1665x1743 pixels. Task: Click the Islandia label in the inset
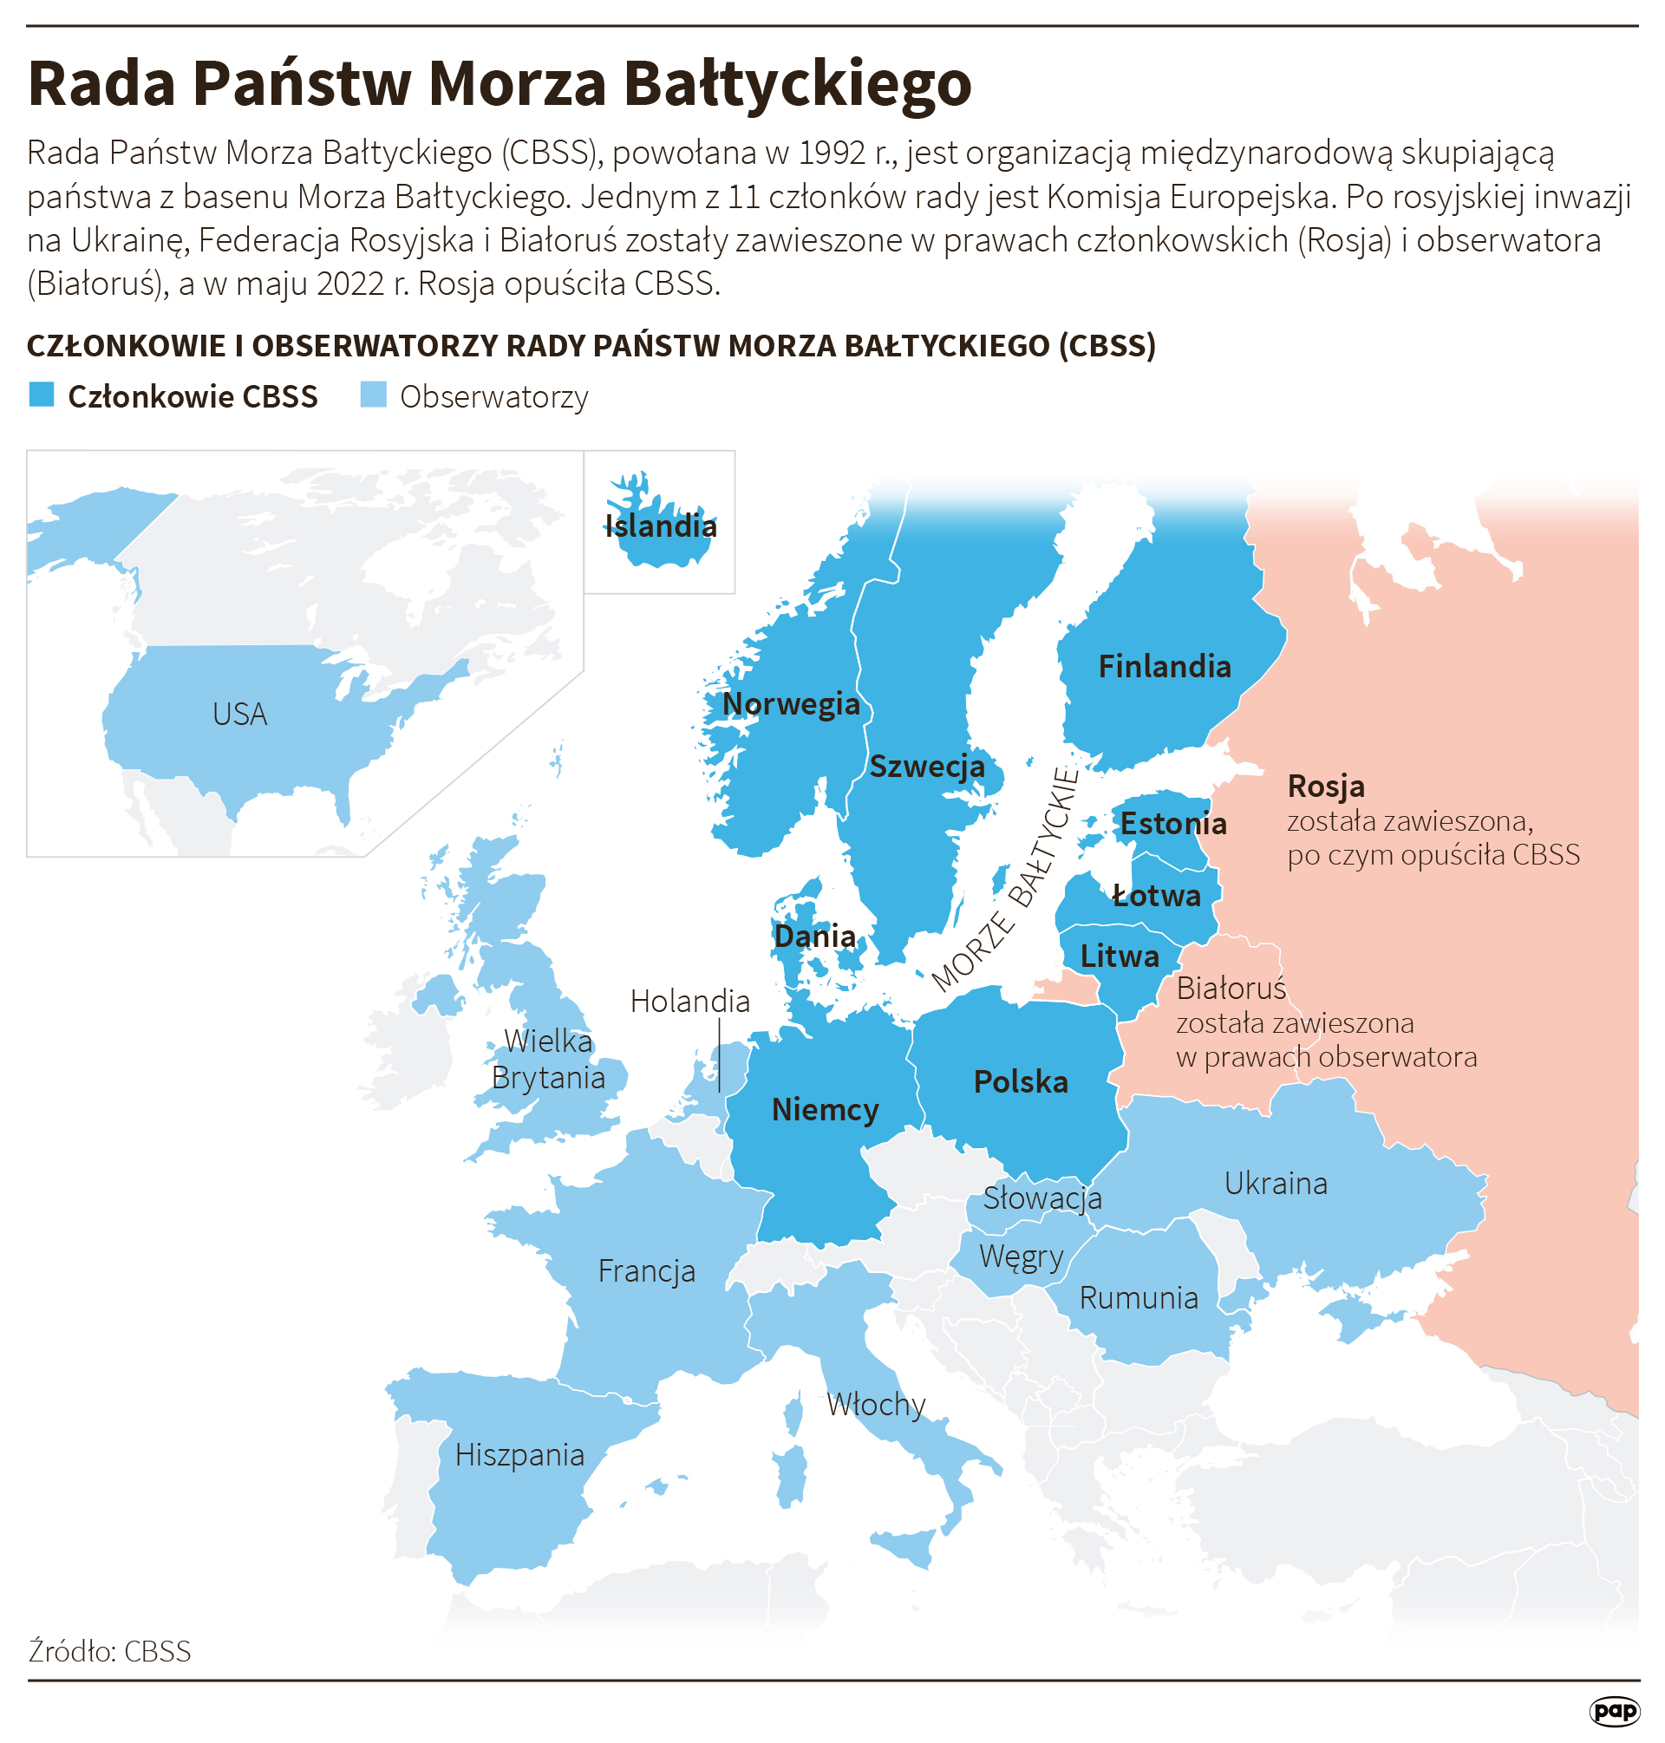(x=660, y=526)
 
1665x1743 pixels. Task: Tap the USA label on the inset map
(x=239, y=715)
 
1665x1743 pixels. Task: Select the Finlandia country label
(x=1165, y=667)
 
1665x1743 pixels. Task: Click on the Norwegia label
(x=791, y=704)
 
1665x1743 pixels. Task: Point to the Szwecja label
(x=926, y=766)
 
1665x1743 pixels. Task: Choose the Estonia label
(x=1172, y=824)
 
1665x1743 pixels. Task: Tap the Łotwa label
(x=1157, y=896)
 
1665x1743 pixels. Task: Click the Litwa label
(x=1120, y=956)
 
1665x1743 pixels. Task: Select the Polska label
(x=1021, y=1082)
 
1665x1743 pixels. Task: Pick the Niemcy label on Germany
(x=825, y=1109)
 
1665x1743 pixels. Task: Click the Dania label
(x=815, y=936)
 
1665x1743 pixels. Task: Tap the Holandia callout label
(x=689, y=1001)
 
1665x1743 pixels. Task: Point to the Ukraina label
(x=1276, y=1183)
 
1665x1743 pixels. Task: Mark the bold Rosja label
(x=1326, y=787)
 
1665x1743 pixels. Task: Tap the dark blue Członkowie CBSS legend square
(x=42, y=395)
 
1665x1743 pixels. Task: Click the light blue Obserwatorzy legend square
(x=374, y=395)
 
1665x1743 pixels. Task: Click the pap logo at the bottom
(x=1614, y=1711)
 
